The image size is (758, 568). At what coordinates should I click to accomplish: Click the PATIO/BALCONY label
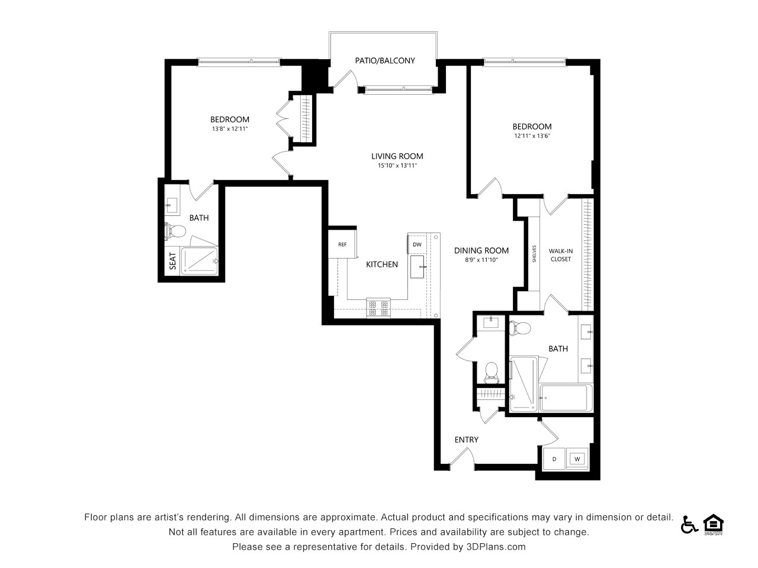[x=385, y=61]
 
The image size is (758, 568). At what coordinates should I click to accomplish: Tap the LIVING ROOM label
[x=397, y=156]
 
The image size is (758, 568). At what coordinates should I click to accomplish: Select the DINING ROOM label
[x=481, y=251]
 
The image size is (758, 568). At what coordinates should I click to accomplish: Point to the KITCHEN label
[x=381, y=264]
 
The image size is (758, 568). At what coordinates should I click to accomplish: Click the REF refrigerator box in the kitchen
[x=342, y=244]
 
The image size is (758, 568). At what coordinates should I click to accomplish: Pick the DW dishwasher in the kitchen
[x=417, y=244]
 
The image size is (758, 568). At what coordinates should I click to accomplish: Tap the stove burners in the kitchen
[x=378, y=308]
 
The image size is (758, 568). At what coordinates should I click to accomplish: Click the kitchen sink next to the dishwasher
[x=417, y=267]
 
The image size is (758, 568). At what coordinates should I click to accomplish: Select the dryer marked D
[x=554, y=459]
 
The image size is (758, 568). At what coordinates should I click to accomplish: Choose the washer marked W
[x=577, y=459]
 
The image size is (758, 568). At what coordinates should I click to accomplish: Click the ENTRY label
[x=466, y=440]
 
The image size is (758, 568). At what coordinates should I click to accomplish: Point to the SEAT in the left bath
[x=172, y=261]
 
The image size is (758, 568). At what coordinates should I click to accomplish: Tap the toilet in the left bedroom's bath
[x=175, y=230]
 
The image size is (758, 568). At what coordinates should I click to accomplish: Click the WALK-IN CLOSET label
[x=560, y=255]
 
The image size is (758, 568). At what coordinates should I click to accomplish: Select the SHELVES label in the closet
[x=534, y=254]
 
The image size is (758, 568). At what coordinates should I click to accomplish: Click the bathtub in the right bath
[x=566, y=398]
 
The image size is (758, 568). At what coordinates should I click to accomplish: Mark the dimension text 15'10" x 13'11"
[x=397, y=166]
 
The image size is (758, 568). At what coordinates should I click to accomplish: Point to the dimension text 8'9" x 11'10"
[x=481, y=260]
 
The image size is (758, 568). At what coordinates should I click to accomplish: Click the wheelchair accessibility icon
[x=689, y=525]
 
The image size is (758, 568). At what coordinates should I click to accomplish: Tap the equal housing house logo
[x=713, y=524]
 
